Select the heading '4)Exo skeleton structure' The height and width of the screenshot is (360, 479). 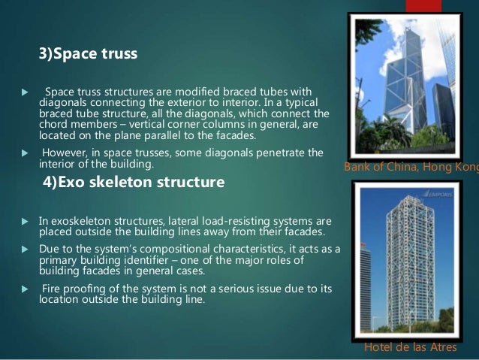[131, 182]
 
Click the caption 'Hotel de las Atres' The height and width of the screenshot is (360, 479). [410, 347]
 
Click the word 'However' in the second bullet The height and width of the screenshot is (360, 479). [65, 153]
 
